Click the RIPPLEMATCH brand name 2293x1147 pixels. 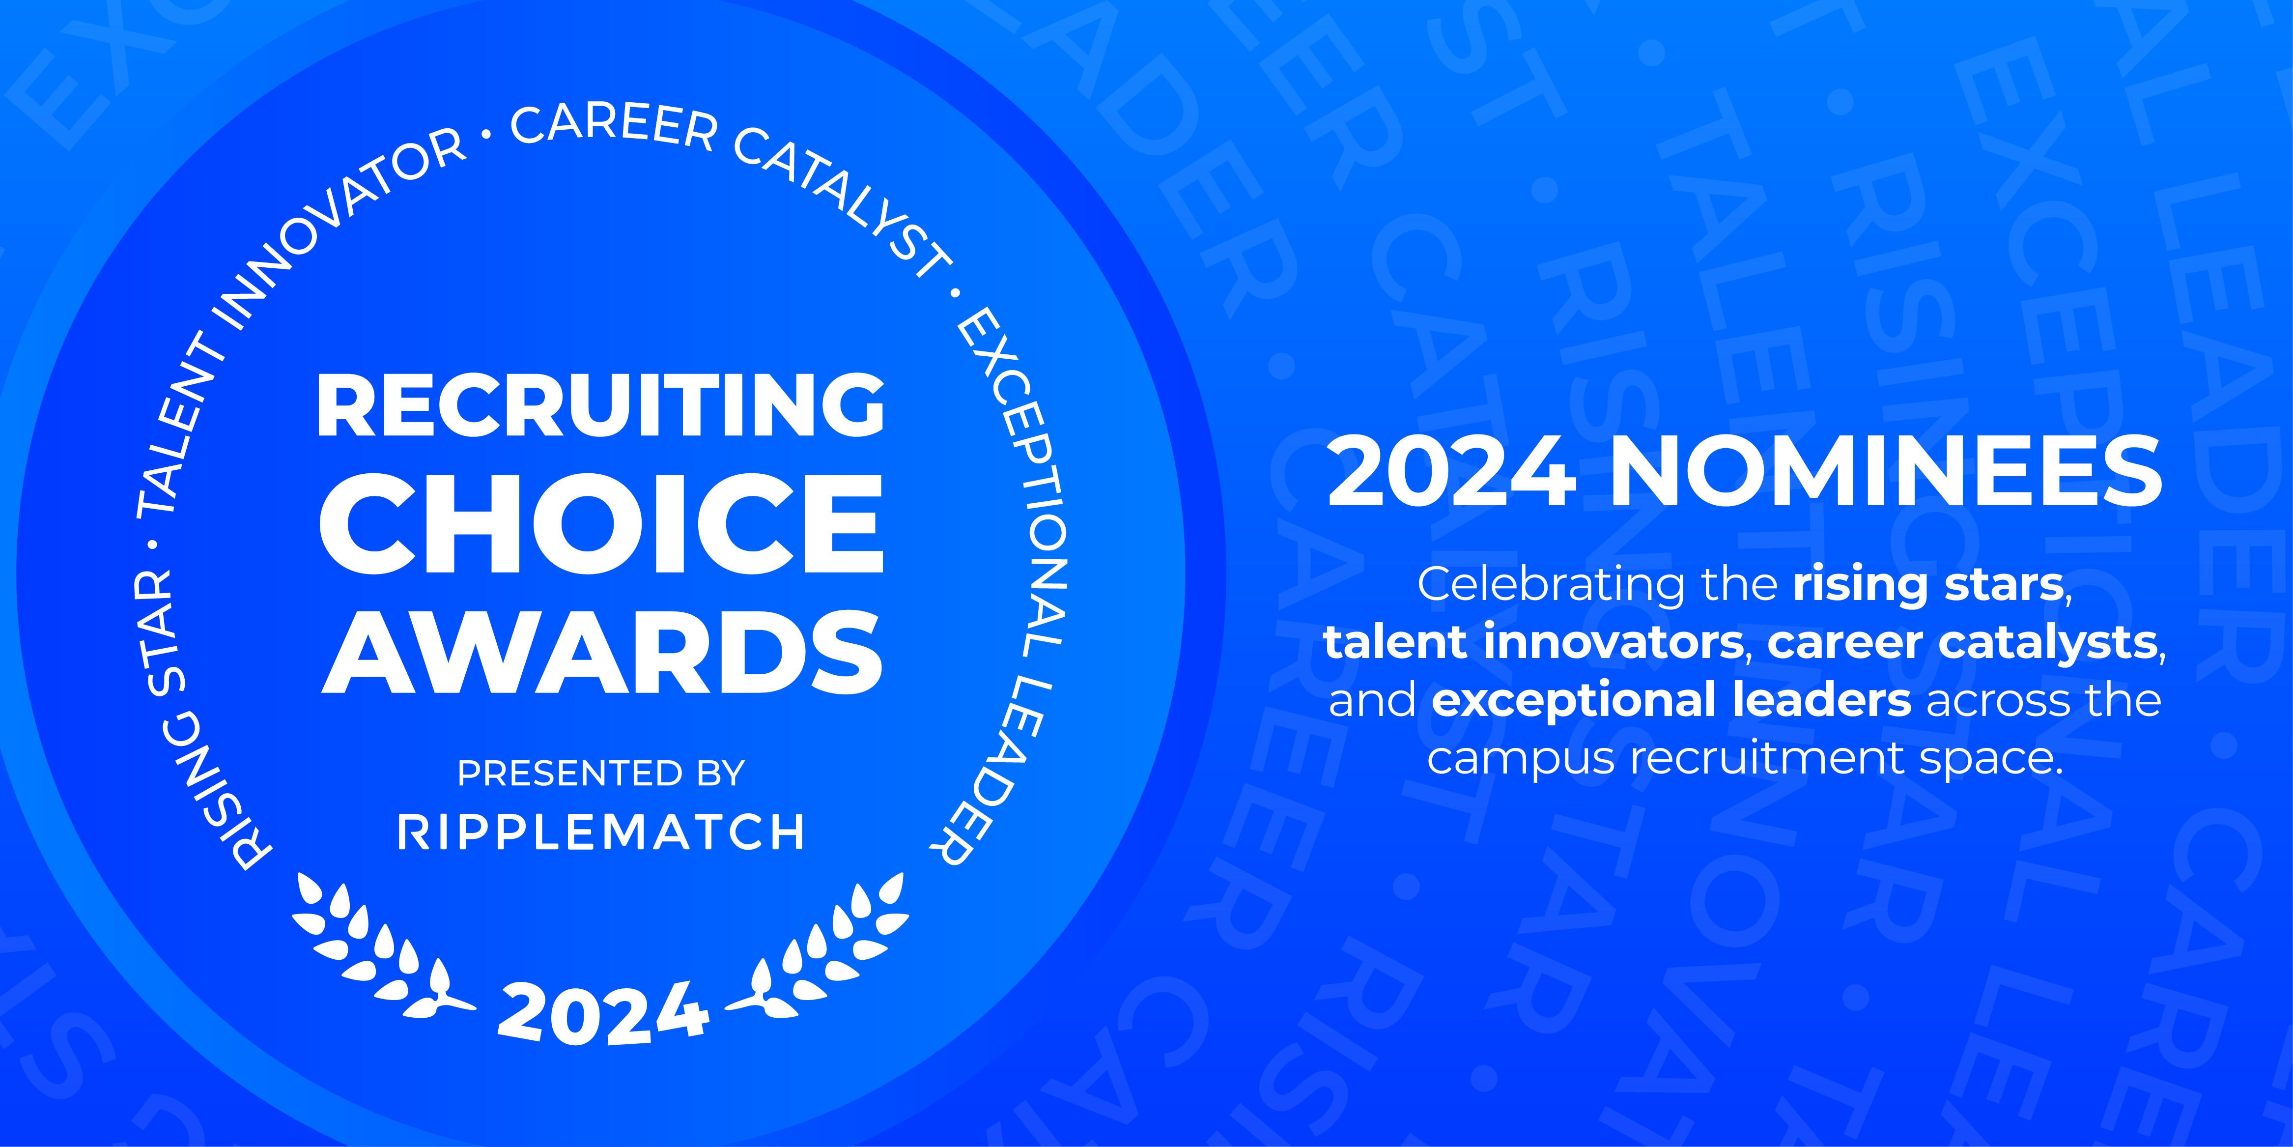pos(601,832)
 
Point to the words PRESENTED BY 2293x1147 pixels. pos(601,773)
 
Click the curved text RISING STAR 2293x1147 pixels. pos(178,721)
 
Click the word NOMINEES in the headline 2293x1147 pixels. pos(1885,472)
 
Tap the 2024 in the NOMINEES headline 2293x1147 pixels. pos(1451,472)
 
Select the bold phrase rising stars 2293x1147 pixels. pos(1927,585)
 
